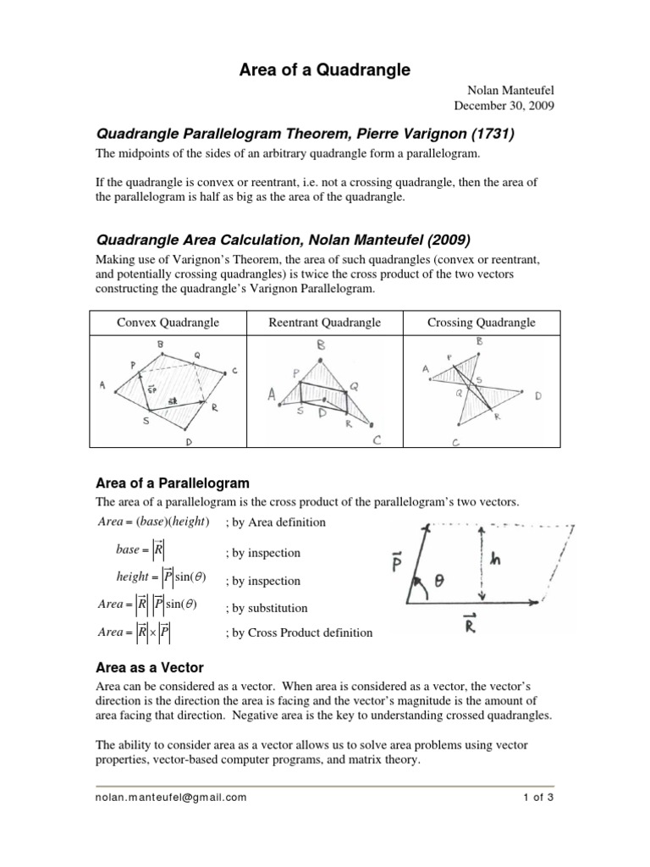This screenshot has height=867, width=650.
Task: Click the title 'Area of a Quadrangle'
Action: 324,70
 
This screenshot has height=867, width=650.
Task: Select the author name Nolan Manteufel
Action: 504,92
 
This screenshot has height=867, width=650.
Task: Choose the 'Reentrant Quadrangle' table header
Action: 325,323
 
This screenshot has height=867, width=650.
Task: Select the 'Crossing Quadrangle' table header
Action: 482,323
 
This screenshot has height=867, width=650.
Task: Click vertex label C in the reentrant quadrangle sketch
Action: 377,439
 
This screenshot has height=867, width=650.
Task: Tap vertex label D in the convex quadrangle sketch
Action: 188,442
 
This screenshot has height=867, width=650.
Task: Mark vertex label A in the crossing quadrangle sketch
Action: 425,369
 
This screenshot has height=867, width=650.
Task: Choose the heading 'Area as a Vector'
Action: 147,667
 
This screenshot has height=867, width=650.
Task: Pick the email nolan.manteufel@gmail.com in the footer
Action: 170,797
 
